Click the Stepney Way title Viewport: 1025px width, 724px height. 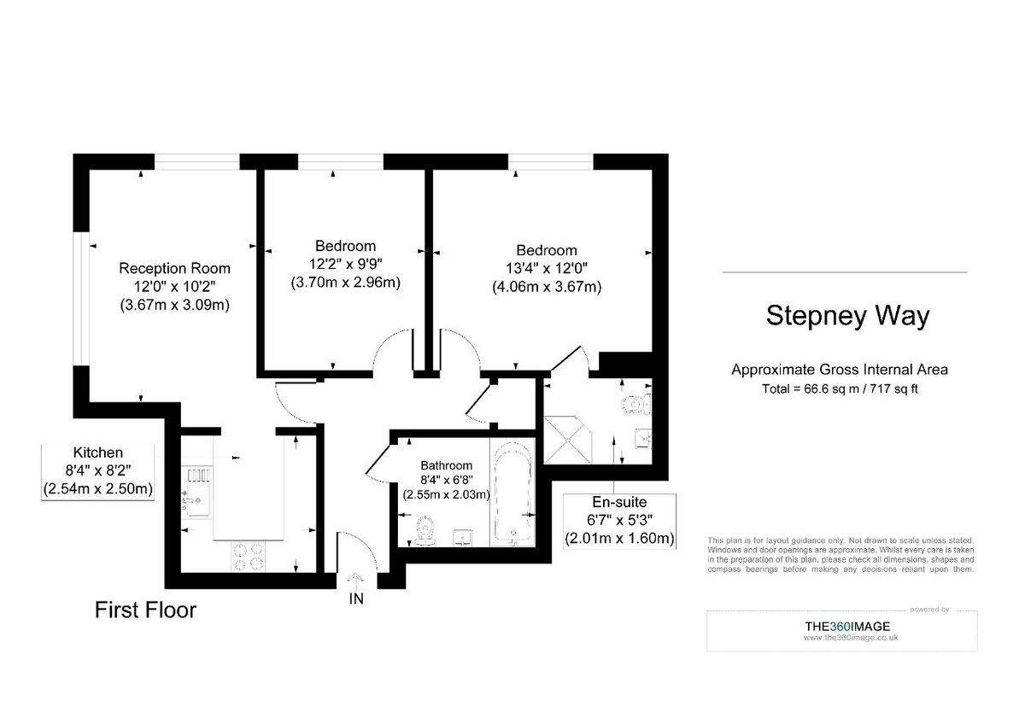[x=846, y=316]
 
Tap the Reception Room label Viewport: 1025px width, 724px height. [x=174, y=267]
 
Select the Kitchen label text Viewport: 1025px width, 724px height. [x=97, y=452]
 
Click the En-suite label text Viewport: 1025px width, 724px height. [x=619, y=502]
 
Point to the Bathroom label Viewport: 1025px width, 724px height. [x=446, y=465]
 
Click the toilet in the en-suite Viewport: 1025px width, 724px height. [x=636, y=404]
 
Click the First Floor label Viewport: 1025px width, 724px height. [x=145, y=610]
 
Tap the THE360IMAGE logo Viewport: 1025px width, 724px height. [x=847, y=626]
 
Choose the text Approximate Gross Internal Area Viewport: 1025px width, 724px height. [x=840, y=370]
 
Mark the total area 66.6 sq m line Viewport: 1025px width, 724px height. [x=840, y=388]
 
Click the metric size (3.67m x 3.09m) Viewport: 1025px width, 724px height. [x=174, y=304]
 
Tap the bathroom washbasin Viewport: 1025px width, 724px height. [x=463, y=536]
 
